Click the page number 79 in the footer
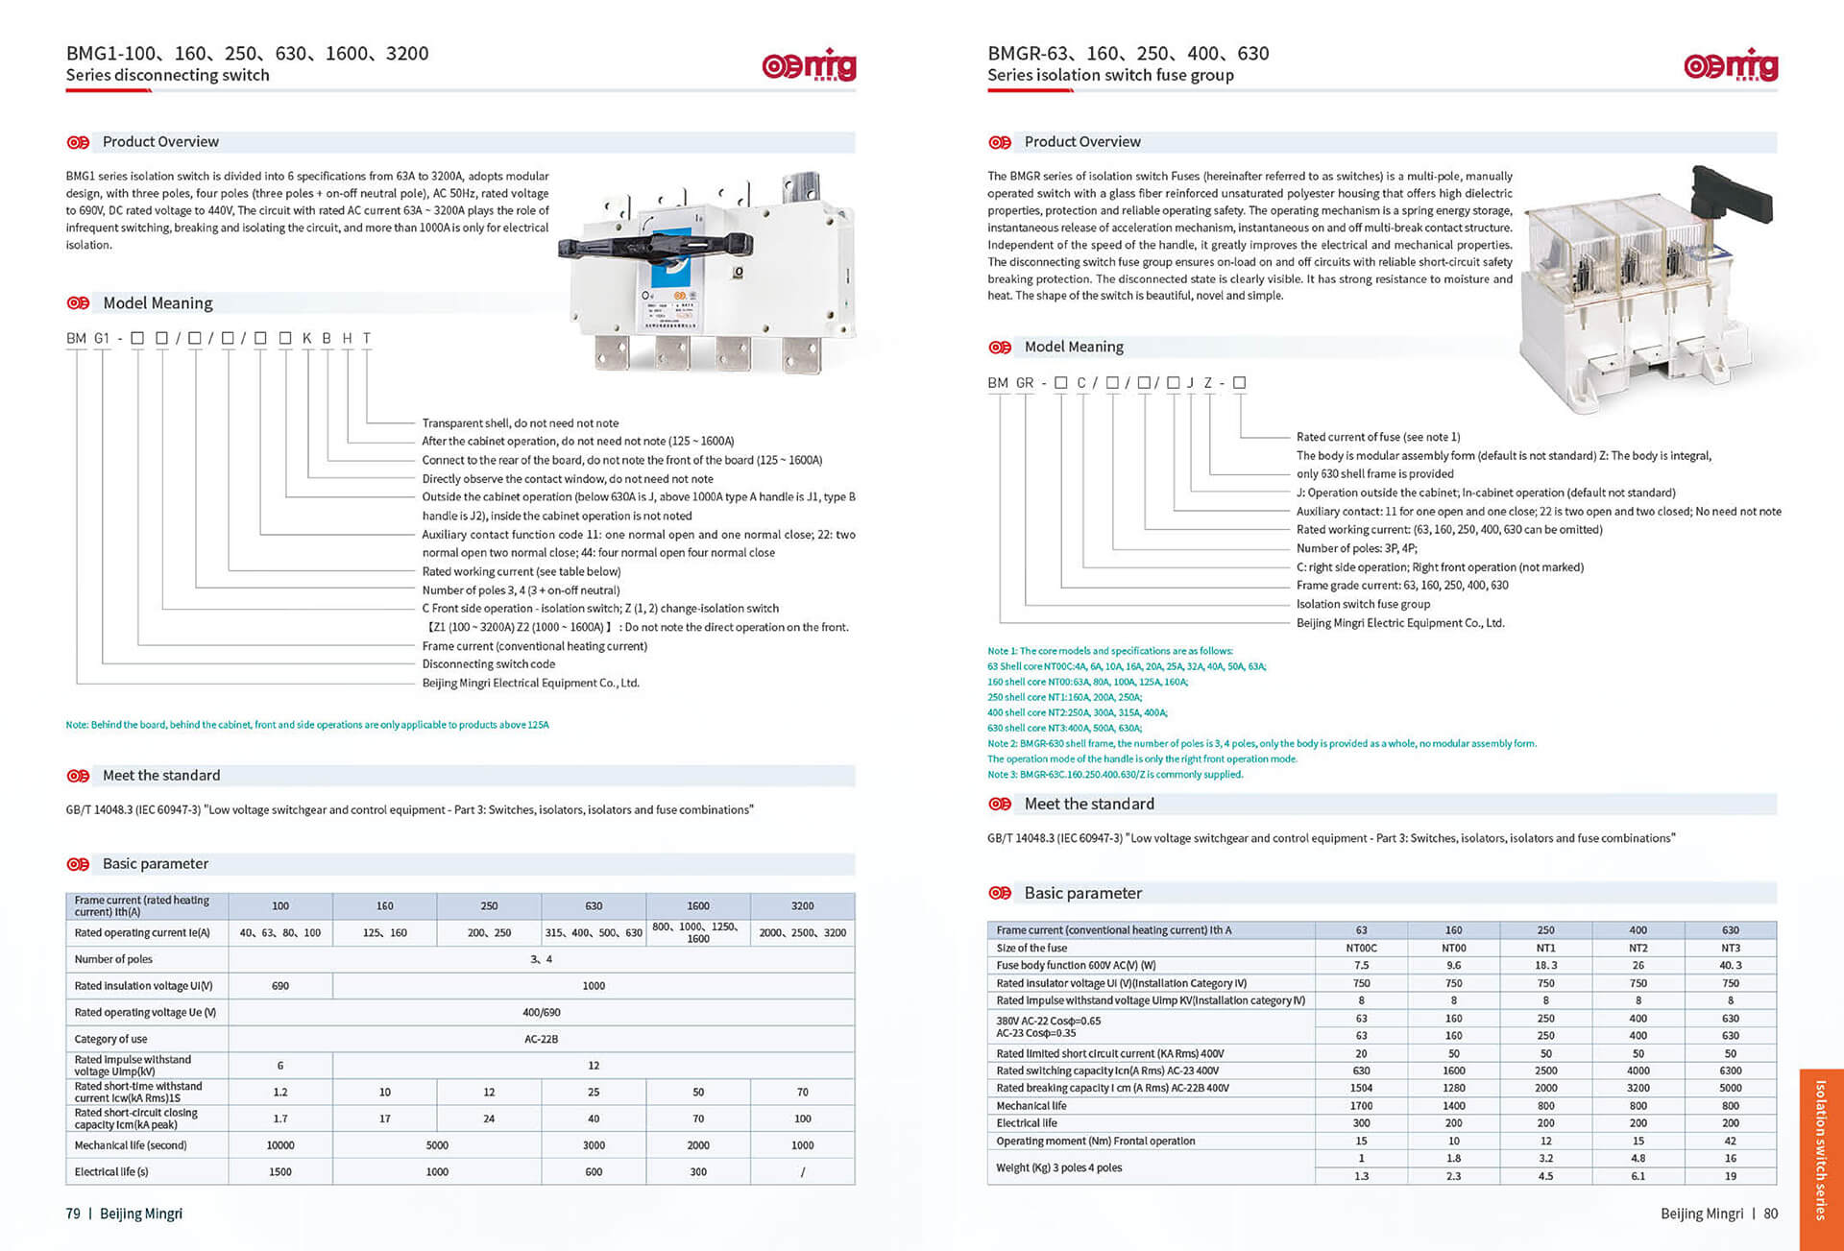(73, 1214)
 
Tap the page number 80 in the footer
(1770, 1214)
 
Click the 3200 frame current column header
(802, 905)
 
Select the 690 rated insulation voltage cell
(280, 985)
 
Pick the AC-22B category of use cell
(541, 1039)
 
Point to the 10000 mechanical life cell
(280, 1145)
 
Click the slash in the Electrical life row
(802, 1172)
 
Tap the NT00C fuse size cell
(1361, 948)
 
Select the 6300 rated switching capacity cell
(1730, 1071)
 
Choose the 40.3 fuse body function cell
(1730, 965)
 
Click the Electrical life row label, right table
(1027, 1123)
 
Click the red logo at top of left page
(809, 65)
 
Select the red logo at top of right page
(1731, 65)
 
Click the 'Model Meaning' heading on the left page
(158, 303)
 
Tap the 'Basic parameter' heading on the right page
(1082, 893)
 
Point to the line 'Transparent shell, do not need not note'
(520, 423)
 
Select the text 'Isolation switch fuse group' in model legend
(1363, 604)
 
